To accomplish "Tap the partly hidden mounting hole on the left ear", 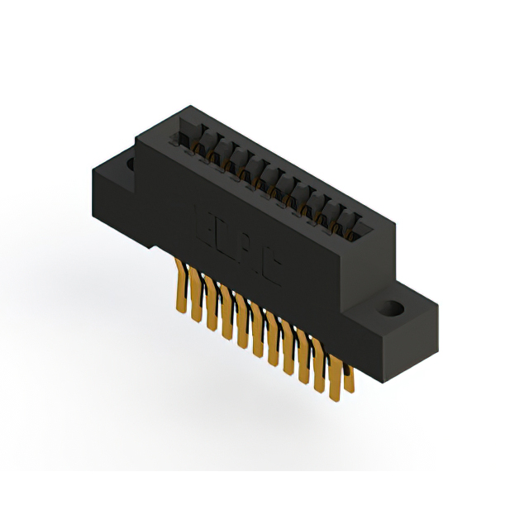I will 130,164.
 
